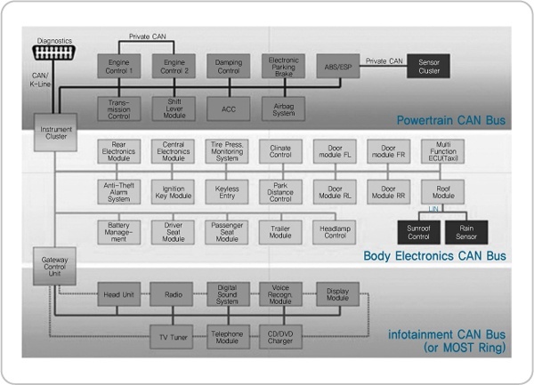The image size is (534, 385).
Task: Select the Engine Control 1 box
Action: pos(119,67)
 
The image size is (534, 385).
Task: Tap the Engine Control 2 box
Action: pos(174,67)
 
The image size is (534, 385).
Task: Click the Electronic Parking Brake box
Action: pos(283,67)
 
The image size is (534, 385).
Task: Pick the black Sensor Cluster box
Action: pos(429,67)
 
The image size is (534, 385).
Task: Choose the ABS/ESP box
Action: pos(337,67)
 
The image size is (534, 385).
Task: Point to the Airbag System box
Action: pos(283,107)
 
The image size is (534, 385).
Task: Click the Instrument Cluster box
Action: pos(56,132)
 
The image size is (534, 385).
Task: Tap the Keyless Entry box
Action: pos(228,190)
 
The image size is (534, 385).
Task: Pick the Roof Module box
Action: pos(443,190)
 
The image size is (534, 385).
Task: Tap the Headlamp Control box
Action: pos(336,232)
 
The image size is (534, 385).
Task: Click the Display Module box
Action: pos(336,294)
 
